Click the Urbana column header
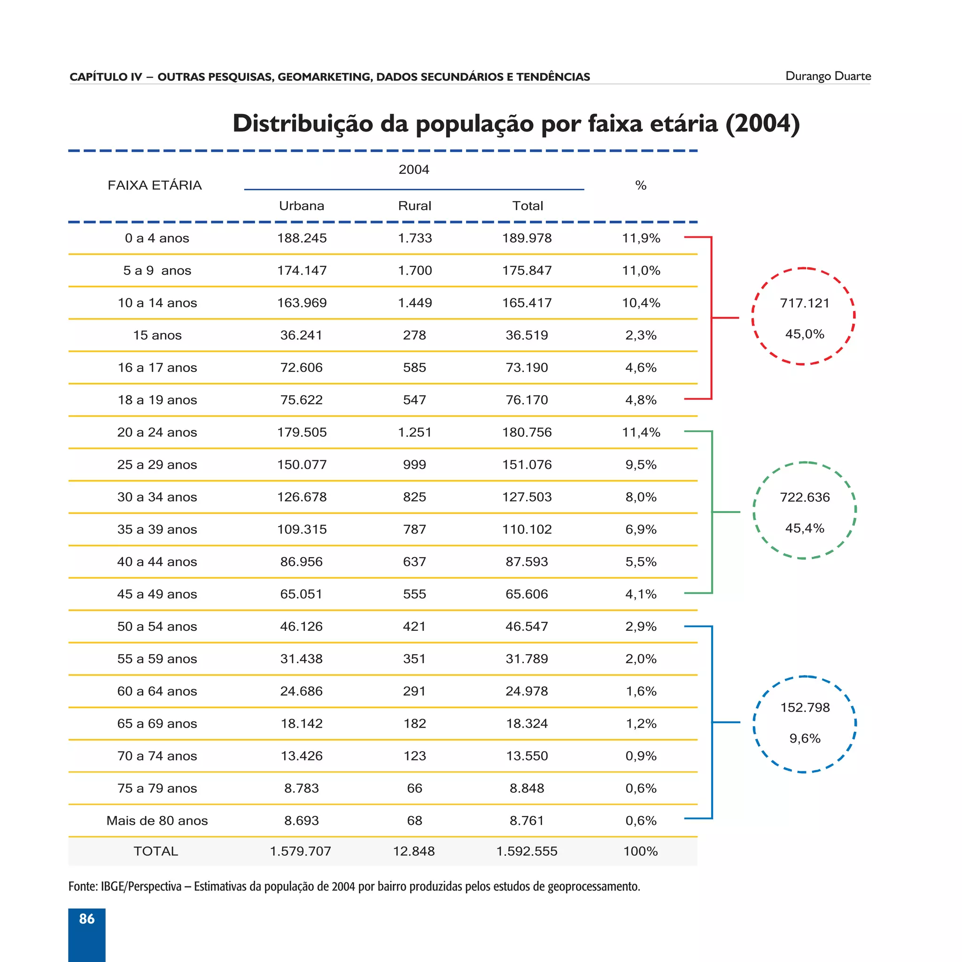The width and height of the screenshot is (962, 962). [301, 206]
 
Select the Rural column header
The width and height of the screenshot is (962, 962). [414, 206]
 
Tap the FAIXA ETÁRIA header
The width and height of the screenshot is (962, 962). [155, 185]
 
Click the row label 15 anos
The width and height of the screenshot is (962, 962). [157, 335]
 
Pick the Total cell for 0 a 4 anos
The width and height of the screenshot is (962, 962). [527, 238]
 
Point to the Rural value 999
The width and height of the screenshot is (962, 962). [414, 465]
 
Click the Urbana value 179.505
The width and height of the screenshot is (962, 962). [302, 432]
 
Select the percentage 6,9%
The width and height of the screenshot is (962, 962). [640, 529]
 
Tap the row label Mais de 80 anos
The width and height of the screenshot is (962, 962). [157, 821]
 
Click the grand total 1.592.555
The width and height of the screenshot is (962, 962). [527, 851]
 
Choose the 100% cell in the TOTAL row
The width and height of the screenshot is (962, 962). [640, 851]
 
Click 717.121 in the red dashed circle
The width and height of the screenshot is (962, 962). [805, 303]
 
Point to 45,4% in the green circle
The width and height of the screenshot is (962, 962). [805, 528]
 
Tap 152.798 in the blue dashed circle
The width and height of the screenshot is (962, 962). [805, 707]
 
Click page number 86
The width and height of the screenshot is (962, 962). [86, 919]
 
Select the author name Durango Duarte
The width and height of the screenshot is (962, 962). [828, 76]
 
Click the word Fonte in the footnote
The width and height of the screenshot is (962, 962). [82, 887]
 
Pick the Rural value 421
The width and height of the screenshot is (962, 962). [414, 627]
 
